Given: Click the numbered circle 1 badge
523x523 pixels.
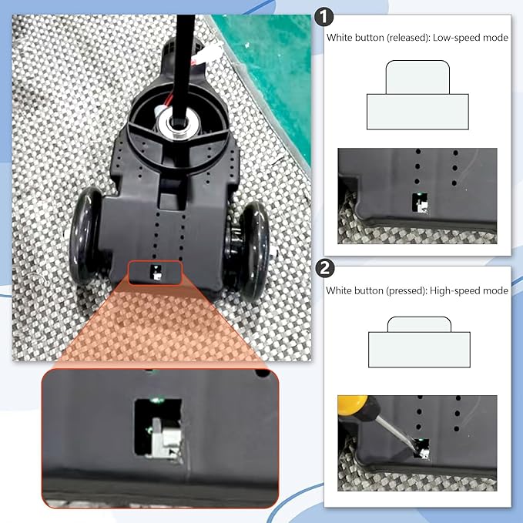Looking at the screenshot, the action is click(324, 17).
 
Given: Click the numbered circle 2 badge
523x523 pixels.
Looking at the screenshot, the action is click(325, 269).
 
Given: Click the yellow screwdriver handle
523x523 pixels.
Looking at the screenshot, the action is click(354, 405).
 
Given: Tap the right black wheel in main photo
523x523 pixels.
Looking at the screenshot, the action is click(253, 252).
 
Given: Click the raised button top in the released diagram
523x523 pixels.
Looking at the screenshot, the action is click(417, 77).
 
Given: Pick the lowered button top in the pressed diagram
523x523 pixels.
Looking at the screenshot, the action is click(419, 324).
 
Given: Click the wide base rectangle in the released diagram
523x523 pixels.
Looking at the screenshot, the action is click(417, 112).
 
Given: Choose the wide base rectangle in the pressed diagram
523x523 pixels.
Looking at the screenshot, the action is click(419, 350).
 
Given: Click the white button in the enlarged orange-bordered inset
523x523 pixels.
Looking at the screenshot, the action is click(166, 438).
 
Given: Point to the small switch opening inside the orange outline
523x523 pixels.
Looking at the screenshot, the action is click(156, 272).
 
